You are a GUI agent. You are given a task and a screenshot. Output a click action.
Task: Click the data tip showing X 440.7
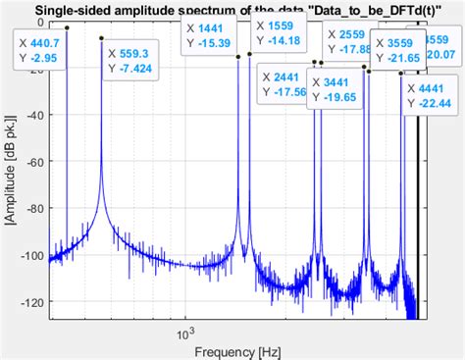[42, 52]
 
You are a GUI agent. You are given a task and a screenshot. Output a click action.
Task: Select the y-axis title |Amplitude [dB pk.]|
[11, 177]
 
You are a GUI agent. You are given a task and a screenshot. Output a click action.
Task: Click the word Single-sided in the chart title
[74, 12]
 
